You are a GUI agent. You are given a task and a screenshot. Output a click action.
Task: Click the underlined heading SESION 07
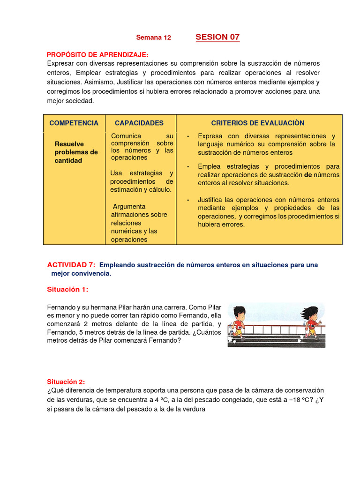pyautogui.click(x=217, y=37)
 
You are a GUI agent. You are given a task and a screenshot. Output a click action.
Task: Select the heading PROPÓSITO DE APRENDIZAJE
pyautogui.click(x=97, y=54)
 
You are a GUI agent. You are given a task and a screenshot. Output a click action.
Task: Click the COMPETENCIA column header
pyautogui.click(x=74, y=123)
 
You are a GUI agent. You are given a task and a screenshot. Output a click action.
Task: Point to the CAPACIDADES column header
pyautogui.click(x=139, y=123)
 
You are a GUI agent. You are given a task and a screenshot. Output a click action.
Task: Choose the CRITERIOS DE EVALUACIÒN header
pyautogui.click(x=258, y=123)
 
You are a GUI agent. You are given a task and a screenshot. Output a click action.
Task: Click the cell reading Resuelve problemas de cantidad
pyautogui.click(x=76, y=152)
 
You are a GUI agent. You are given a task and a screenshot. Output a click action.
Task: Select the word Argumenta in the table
pyautogui.click(x=129, y=206)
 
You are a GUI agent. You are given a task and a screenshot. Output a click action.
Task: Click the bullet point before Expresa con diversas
pyautogui.click(x=187, y=136)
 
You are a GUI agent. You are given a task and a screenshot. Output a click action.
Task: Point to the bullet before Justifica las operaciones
pyautogui.click(x=187, y=200)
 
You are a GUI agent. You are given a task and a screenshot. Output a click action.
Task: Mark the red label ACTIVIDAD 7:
pyautogui.click(x=71, y=265)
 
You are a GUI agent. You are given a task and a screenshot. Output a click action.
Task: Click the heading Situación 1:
pyautogui.click(x=67, y=289)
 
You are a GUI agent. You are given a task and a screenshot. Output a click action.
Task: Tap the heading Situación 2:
pyautogui.click(x=66, y=382)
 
